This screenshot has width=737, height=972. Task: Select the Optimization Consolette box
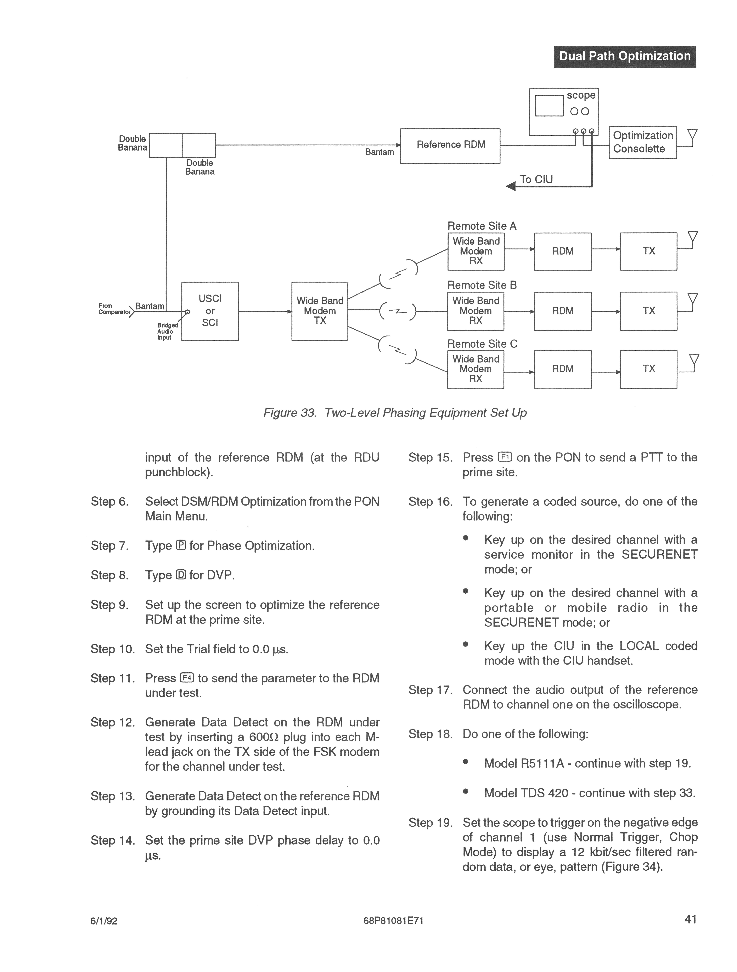click(642, 142)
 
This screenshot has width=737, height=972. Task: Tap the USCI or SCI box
click(210, 311)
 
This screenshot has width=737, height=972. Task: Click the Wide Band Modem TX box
click(320, 311)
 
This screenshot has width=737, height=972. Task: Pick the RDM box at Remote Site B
click(563, 311)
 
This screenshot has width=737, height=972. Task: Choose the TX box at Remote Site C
click(648, 369)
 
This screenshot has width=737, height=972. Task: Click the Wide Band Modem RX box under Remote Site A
click(476, 251)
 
